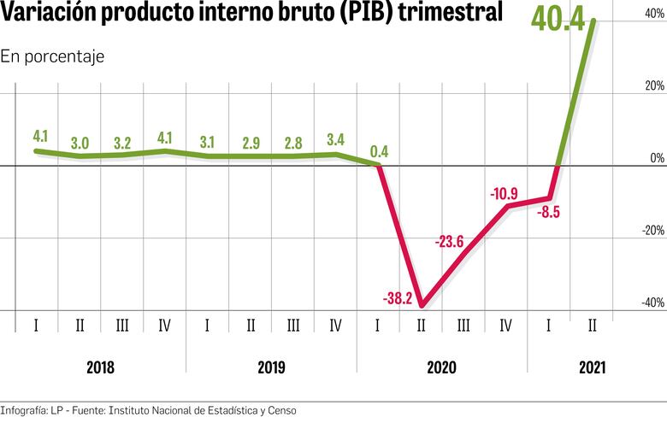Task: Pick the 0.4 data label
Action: [379, 152]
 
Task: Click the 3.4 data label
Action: [336, 139]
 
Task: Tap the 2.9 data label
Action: [251, 142]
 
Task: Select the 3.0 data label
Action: [80, 142]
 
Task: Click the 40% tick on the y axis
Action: [652, 15]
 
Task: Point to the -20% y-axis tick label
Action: [650, 230]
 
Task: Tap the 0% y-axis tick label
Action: [655, 158]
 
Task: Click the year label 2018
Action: [101, 367]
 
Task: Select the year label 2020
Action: [442, 367]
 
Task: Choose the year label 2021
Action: [592, 367]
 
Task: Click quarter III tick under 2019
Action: [293, 326]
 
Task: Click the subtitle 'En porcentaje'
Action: [52, 56]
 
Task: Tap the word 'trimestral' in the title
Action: [446, 15]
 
